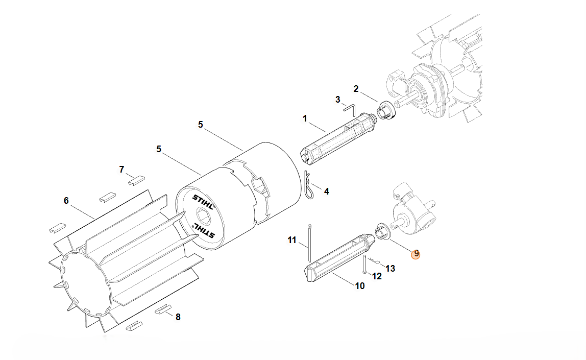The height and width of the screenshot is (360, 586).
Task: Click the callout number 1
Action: point(305,119)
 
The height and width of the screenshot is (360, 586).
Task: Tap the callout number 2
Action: point(356,89)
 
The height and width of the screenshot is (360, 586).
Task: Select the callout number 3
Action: point(338,100)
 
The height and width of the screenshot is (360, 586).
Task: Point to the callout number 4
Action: point(326,191)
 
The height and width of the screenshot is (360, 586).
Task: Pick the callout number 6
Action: point(66,201)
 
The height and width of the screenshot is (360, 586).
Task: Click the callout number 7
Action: point(121,170)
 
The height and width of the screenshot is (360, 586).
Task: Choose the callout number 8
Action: point(178,317)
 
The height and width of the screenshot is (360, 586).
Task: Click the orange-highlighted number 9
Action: point(416,254)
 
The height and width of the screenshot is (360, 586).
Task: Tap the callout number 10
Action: point(359,286)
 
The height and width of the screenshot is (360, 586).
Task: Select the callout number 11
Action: point(292,240)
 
